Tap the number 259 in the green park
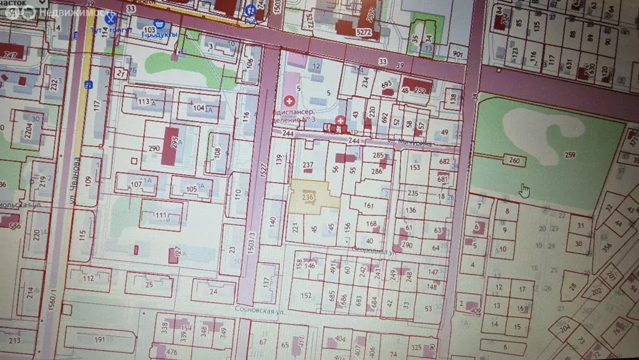click(x=569, y=155)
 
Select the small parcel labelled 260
click(x=513, y=161)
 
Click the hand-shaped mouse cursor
click(x=525, y=190)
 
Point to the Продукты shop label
click(x=160, y=34)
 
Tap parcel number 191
click(x=100, y=339)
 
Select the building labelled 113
click(x=144, y=102)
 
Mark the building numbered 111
click(x=161, y=215)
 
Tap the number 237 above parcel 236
click(x=308, y=165)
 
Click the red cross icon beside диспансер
click(x=290, y=100)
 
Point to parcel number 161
click(x=368, y=205)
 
